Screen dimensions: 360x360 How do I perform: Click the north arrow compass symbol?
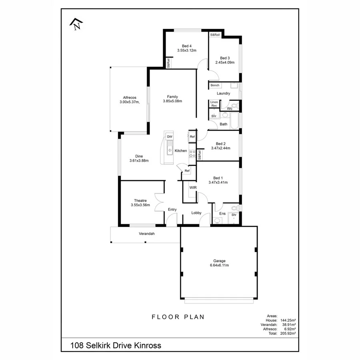[x=76, y=25]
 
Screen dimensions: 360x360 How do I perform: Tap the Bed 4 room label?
[x=187, y=46]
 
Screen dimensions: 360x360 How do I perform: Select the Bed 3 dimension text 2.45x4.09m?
[x=224, y=62]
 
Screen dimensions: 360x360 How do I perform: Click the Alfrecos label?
[x=130, y=98]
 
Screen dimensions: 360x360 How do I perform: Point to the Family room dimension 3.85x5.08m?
[x=172, y=101]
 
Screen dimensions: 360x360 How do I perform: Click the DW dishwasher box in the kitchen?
[x=170, y=137]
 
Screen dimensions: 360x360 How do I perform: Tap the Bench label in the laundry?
[x=215, y=86]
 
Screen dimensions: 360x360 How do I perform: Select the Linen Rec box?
[x=214, y=104]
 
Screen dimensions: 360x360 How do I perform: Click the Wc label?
[x=230, y=108]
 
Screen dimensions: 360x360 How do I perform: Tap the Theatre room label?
[x=140, y=201]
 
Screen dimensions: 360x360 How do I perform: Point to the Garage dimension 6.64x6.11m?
[x=219, y=265]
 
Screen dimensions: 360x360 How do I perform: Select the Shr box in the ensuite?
[x=234, y=215]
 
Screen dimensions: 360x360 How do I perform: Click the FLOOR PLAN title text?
[x=178, y=317]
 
